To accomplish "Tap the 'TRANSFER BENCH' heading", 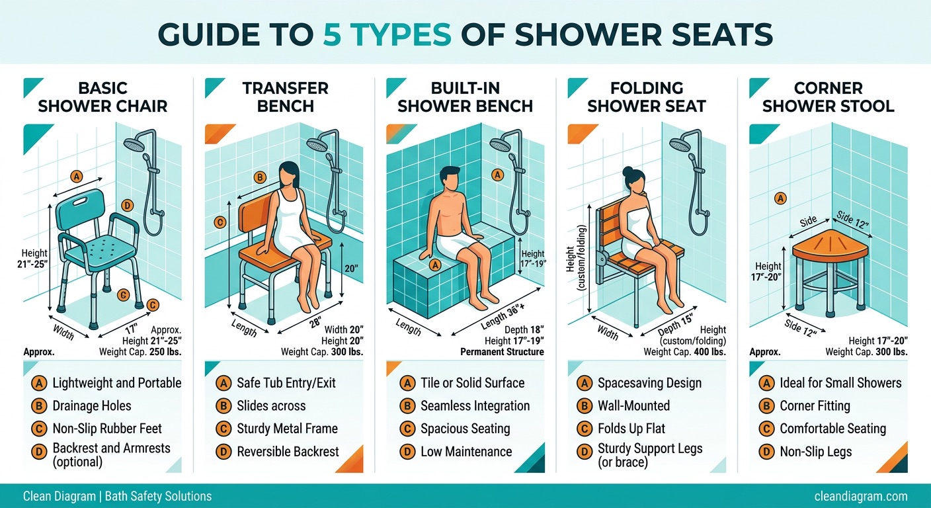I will click(285, 97).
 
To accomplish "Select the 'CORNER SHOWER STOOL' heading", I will click(828, 97).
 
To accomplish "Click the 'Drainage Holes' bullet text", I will click(92, 405).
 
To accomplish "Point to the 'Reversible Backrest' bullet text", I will click(288, 452).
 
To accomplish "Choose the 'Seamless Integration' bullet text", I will click(475, 405).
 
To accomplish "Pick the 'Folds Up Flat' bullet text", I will click(631, 429).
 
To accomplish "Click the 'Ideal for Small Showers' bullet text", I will click(840, 382).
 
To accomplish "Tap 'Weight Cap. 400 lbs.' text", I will click(684, 352).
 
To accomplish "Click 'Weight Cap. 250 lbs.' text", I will click(140, 352).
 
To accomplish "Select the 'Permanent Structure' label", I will click(502, 352).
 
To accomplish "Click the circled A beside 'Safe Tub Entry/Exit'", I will click(223, 382).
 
